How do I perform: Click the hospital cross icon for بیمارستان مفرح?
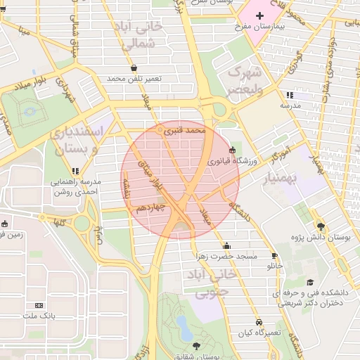tap(259, 15)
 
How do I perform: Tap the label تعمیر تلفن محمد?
tap(134, 79)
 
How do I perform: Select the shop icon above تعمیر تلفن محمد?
tap(134, 68)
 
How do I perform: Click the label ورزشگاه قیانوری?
tap(233, 161)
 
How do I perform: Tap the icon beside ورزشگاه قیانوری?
tap(233, 149)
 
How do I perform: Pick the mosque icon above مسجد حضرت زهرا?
tap(227, 245)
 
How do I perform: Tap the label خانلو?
tap(275, 266)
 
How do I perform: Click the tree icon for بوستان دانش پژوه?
tap(321, 226)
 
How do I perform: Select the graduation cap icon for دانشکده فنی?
tap(310, 282)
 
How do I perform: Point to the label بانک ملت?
tap(39, 316)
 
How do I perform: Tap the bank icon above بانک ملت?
tap(39, 305)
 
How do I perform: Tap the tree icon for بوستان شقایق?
tap(196, 345)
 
